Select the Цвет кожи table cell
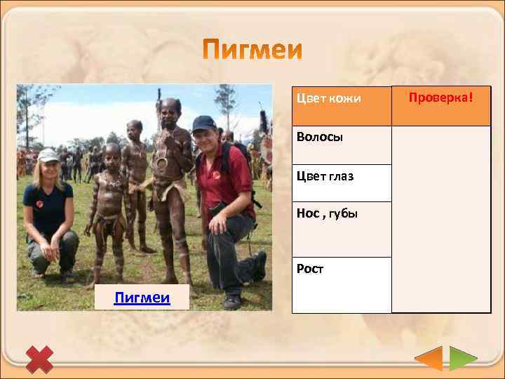341,106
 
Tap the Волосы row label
341,145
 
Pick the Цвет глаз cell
341,182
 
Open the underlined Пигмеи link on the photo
142,298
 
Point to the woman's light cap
48,155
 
